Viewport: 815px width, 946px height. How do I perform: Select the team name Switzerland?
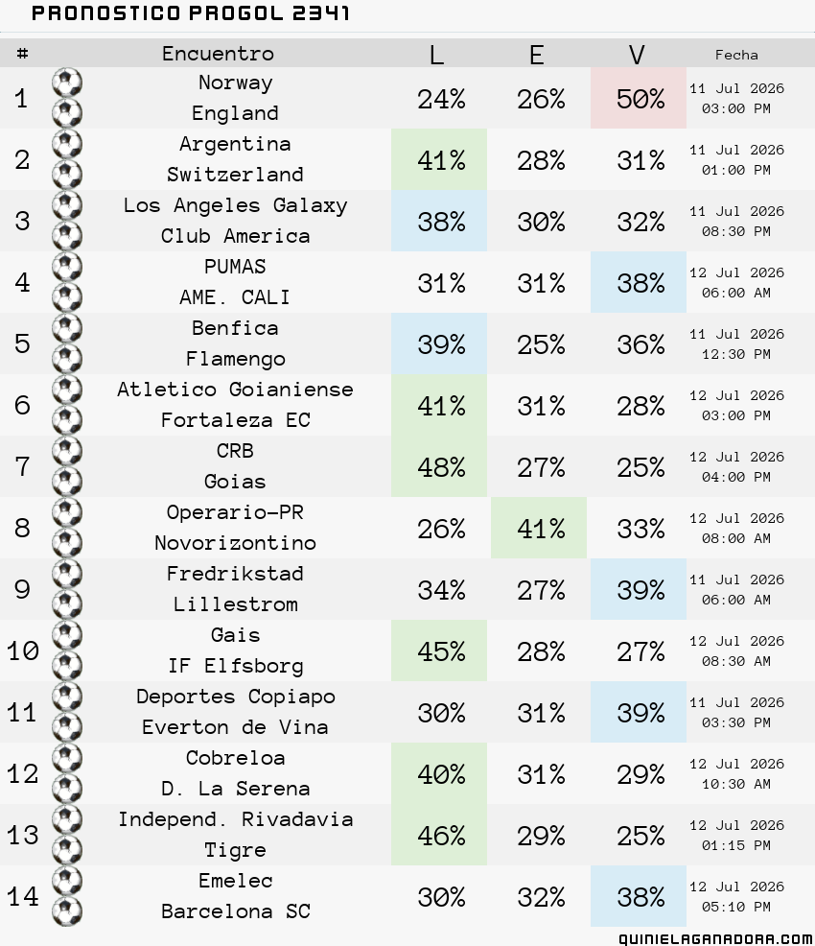(x=235, y=175)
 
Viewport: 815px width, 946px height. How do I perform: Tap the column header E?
(x=537, y=55)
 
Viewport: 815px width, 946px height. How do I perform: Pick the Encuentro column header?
(x=218, y=53)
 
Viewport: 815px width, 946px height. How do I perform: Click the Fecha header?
(x=736, y=55)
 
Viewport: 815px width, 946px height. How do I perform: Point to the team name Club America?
(x=235, y=236)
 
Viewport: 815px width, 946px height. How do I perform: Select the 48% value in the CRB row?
(x=441, y=467)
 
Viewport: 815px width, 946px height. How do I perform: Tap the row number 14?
(x=23, y=896)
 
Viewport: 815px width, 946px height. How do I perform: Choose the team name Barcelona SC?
(x=235, y=911)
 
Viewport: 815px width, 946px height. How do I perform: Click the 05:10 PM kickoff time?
(x=736, y=907)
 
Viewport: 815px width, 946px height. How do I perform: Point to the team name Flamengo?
(x=235, y=359)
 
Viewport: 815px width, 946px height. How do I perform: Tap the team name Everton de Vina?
(x=235, y=727)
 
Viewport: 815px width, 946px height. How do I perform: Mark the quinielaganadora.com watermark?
(x=715, y=938)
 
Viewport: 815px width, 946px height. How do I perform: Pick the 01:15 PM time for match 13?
(x=736, y=845)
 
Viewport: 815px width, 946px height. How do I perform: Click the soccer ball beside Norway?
(x=67, y=83)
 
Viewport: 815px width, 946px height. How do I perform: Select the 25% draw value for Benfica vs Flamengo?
(x=541, y=344)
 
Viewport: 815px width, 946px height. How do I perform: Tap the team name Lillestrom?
(x=235, y=603)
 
